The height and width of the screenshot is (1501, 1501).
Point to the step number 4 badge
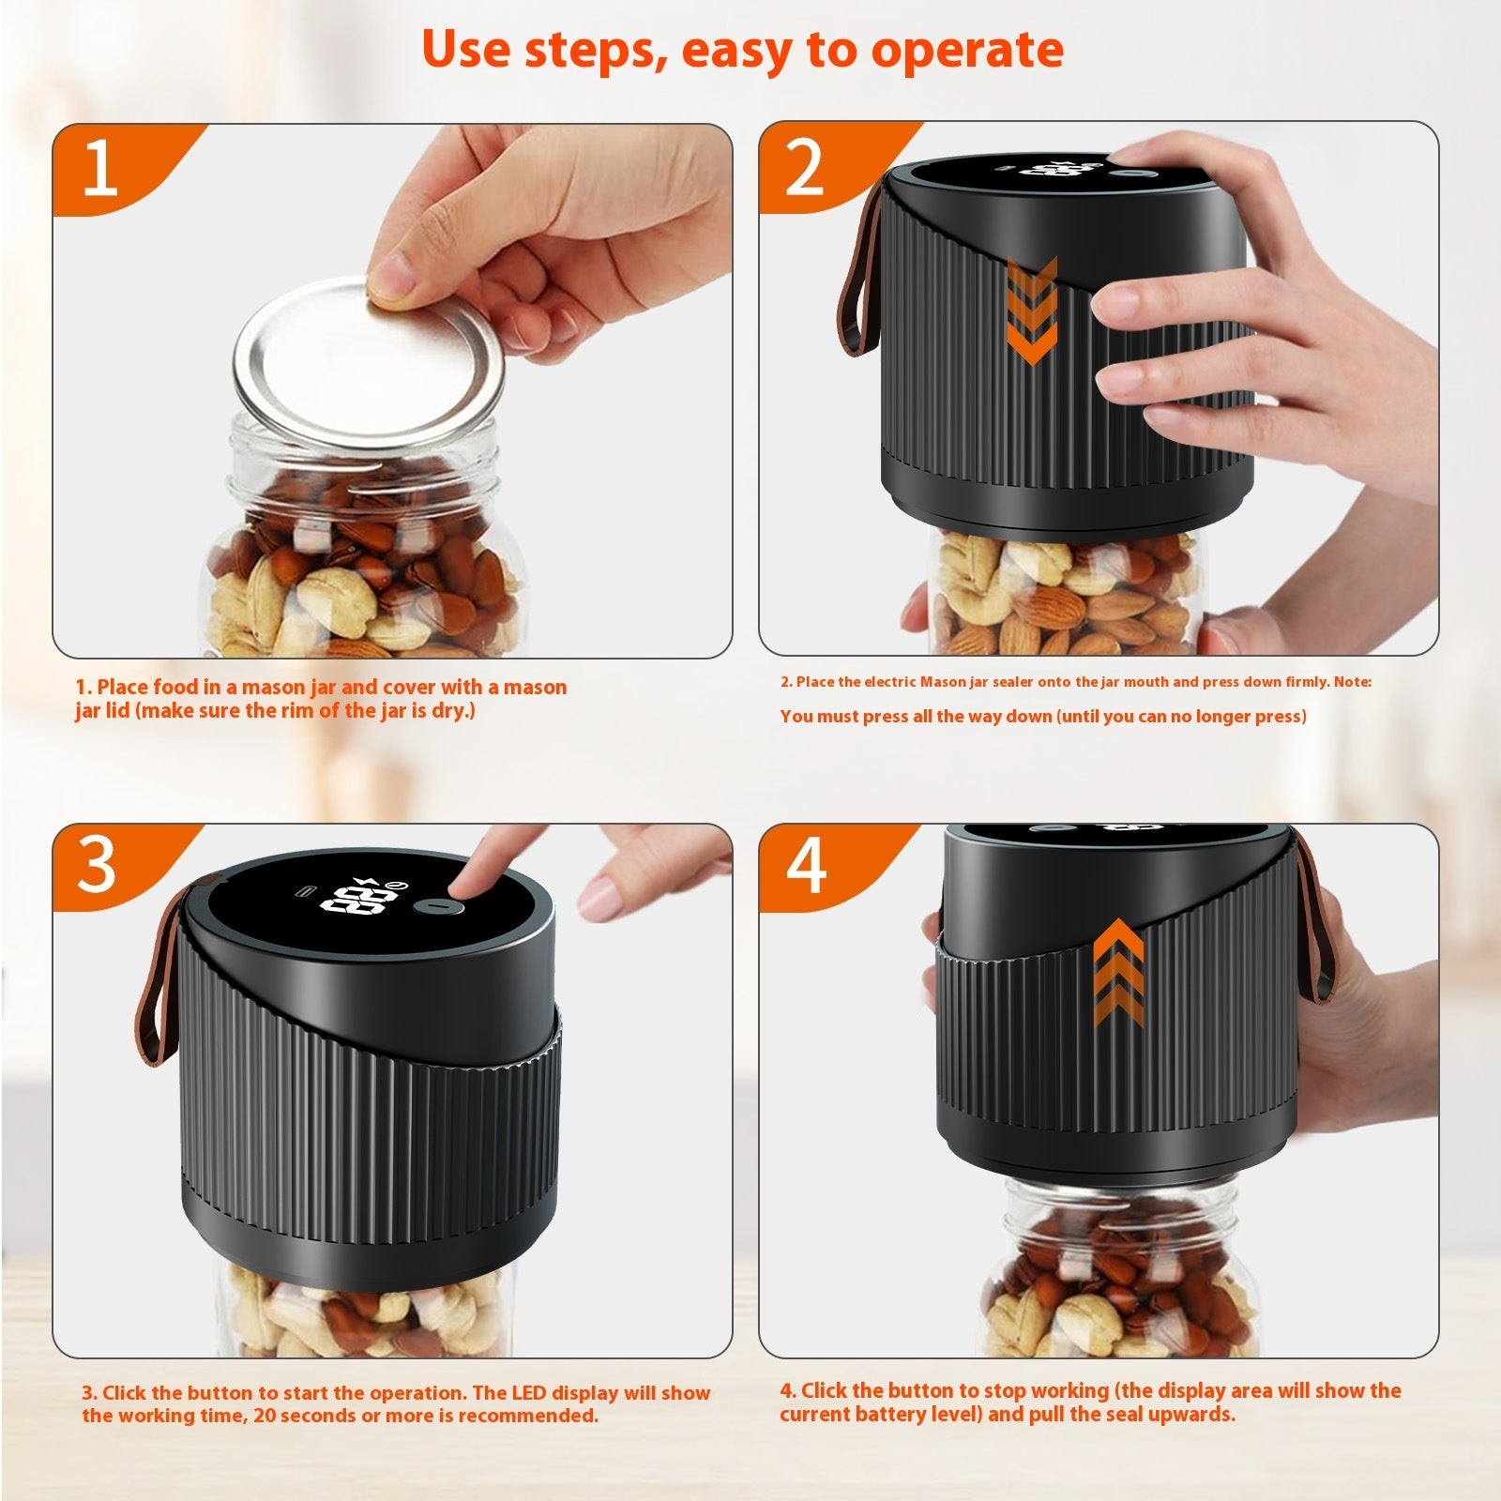coord(805,867)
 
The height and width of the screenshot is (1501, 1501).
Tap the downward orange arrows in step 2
coord(1032,310)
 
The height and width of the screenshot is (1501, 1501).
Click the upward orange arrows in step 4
coord(1118,972)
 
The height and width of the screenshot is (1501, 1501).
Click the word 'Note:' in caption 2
coord(1352,682)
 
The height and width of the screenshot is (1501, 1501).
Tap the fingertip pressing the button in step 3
coord(463,883)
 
